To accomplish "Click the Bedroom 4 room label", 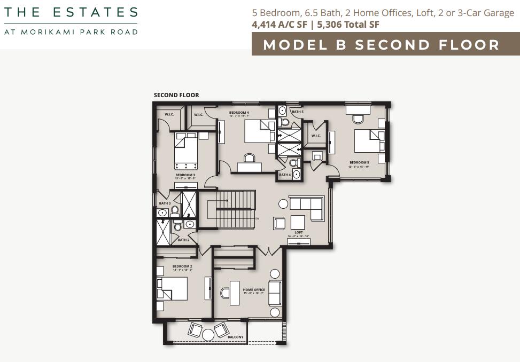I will [239, 113].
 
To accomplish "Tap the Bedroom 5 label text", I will [359, 162].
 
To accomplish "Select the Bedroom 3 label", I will [185, 175].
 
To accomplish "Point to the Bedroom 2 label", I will [182, 266].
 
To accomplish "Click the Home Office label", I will [254, 290].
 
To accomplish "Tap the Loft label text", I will [299, 232].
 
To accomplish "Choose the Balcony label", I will [235, 337].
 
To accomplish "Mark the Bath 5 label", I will [297, 112].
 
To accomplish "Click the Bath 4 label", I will [285, 175].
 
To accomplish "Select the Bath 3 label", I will [165, 203].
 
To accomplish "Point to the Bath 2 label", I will [183, 240].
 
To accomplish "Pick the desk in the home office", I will [234, 293].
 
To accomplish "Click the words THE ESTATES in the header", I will [71, 12].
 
